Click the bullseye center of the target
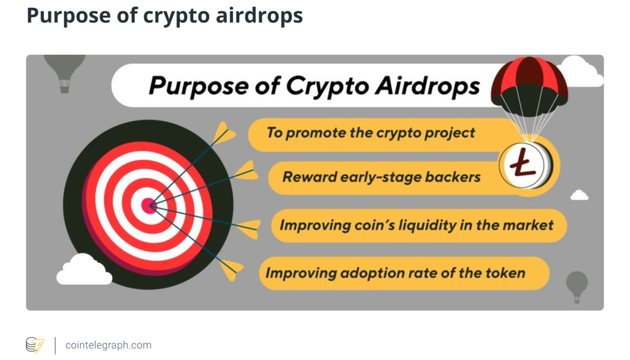point(149,206)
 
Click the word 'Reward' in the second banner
point(309,177)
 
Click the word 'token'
point(508,274)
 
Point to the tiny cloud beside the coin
point(579,195)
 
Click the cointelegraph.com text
point(108,345)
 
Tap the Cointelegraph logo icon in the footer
point(34,345)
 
